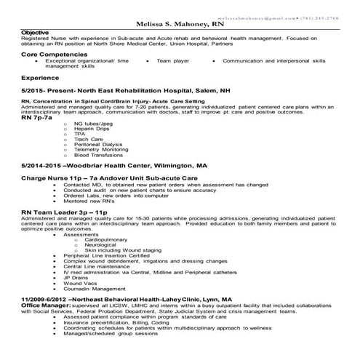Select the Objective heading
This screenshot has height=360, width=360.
tap(36, 33)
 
